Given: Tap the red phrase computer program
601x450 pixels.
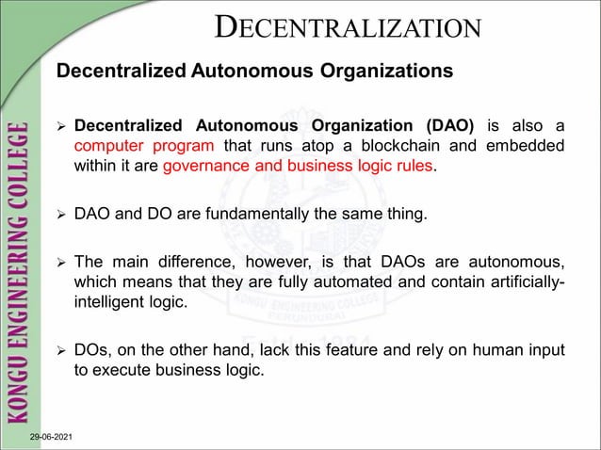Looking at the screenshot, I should (x=145, y=147).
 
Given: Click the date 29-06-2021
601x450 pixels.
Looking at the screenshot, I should (x=55, y=440).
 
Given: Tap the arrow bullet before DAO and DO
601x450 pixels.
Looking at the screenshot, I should (x=62, y=216).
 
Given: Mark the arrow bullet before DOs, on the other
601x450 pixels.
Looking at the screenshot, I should (x=62, y=352).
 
